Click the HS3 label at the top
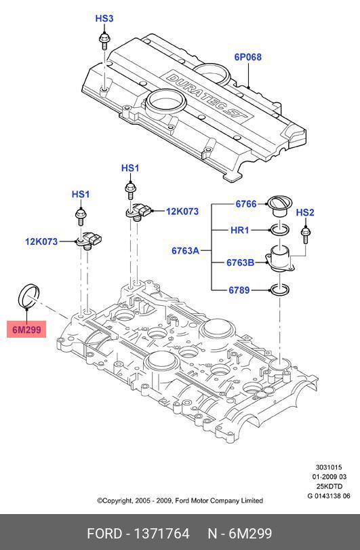pyautogui.click(x=104, y=18)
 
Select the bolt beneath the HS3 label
pyautogui.click(x=104, y=41)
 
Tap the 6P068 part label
pyautogui.click(x=248, y=57)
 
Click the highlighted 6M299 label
pyautogui.click(x=26, y=330)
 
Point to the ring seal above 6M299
pyautogui.click(x=28, y=296)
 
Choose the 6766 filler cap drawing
pyautogui.click(x=279, y=207)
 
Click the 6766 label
pyautogui.click(x=246, y=204)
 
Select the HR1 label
pyautogui.click(x=240, y=230)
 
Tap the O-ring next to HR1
pyautogui.click(x=279, y=230)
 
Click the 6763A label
pyautogui.click(x=185, y=250)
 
